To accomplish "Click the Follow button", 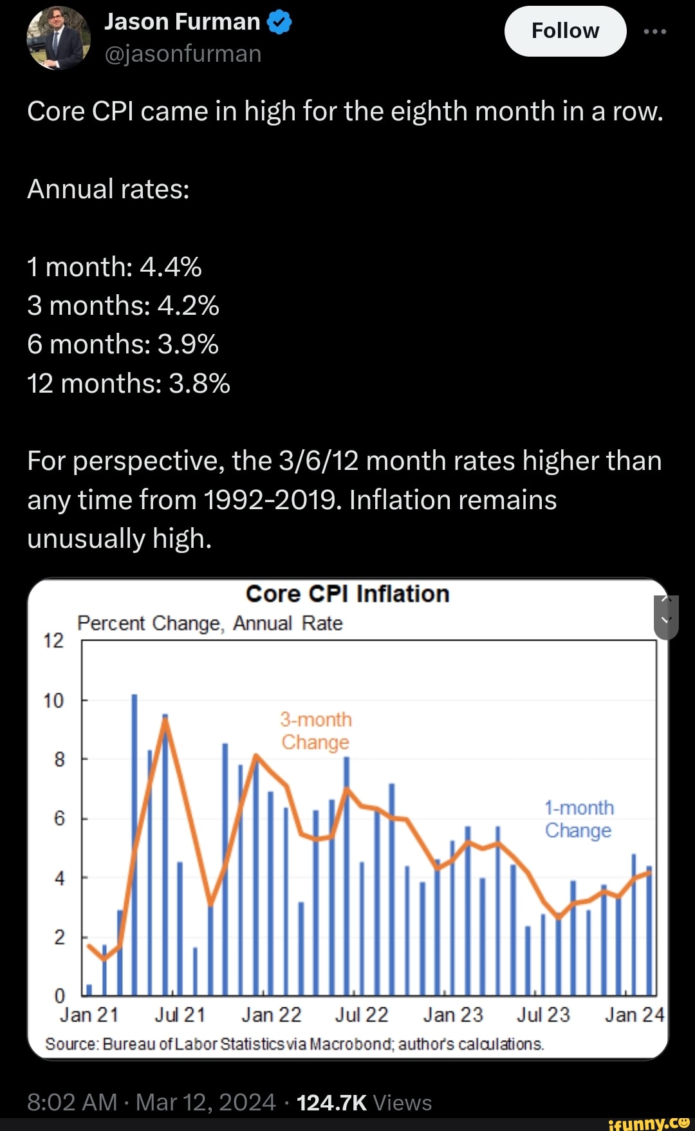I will pyautogui.click(x=565, y=31).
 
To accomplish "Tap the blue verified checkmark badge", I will pyautogui.click(x=279, y=23).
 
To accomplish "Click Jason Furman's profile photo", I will pyautogui.click(x=58, y=38).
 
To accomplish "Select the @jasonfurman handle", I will pyautogui.click(x=183, y=54).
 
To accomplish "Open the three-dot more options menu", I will pyautogui.click(x=655, y=31).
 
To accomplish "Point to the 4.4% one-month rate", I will pyautogui.click(x=171, y=266).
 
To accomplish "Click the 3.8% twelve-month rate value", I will pyautogui.click(x=199, y=384).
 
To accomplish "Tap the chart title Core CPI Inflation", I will pyautogui.click(x=347, y=594).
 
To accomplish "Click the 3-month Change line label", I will pyautogui.click(x=316, y=731).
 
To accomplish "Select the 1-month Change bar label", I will pyautogui.click(x=579, y=819).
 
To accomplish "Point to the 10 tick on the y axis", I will pyautogui.click(x=53, y=700).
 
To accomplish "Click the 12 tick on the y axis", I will pyautogui.click(x=53, y=640).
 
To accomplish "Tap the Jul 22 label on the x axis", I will pyautogui.click(x=362, y=1015).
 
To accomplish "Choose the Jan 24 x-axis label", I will pyautogui.click(x=634, y=1015).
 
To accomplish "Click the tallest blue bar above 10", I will pyautogui.click(x=134, y=837).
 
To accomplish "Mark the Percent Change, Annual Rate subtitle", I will pyautogui.click(x=210, y=623).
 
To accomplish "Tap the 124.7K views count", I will pyautogui.click(x=331, y=1103).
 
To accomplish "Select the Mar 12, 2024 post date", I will pyautogui.click(x=205, y=1103).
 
